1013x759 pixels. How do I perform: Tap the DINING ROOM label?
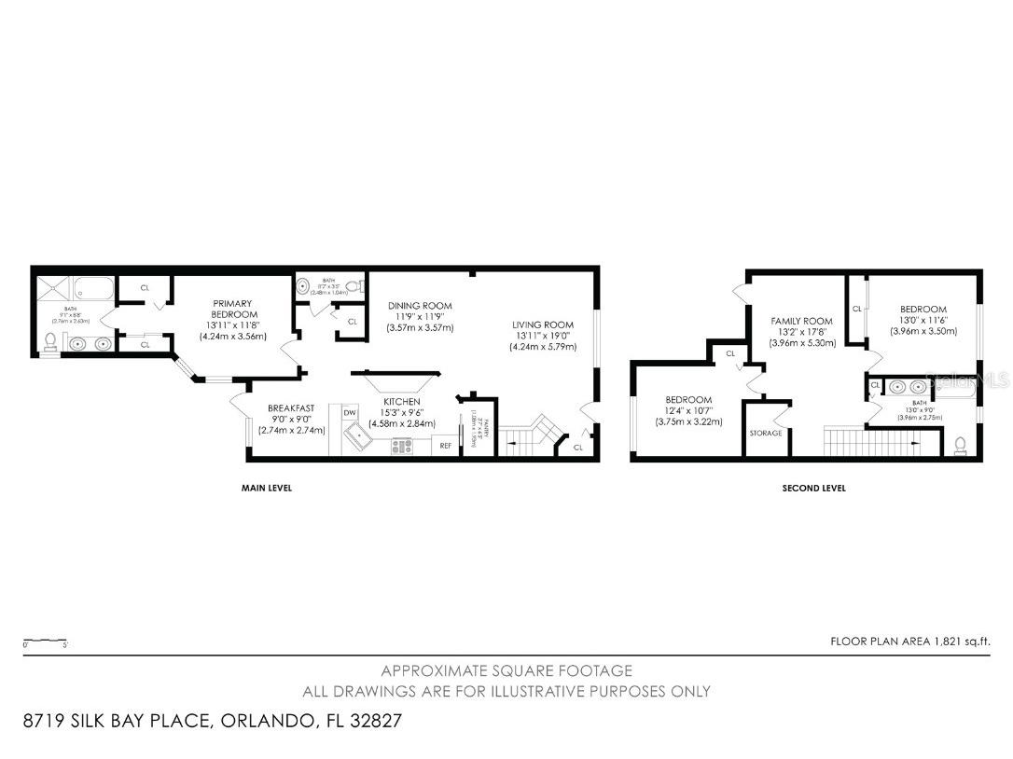pyautogui.click(x=420, y=306)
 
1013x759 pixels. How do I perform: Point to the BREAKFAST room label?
pyautogui.click(x=291, y=408)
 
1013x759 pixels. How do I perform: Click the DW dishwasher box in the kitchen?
pyautogui.click(x=350, y=412)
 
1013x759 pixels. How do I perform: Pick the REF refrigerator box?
pyautogui.click(x=446, y=446)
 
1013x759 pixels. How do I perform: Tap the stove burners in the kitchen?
pyautogui.click(x=402, y=446)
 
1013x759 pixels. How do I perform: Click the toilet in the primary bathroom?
pyautogui.click(x=49, y=343)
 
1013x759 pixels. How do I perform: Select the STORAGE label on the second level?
pyautogui.click(x=766, y=434)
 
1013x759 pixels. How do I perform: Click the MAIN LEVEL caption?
pyautogui.click(x=266, y=488)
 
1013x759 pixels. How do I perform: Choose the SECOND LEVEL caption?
pyautogui.click(x=813, y=488)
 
